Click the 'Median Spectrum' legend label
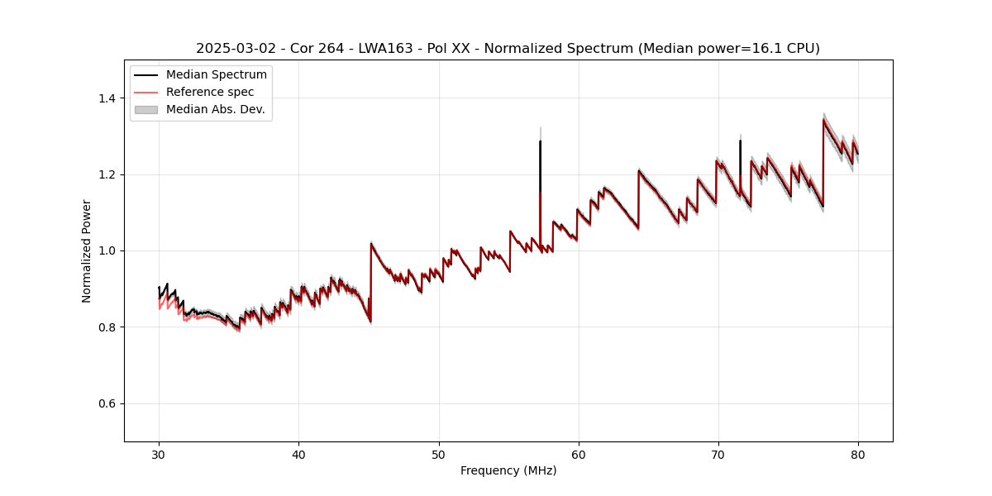[216, 75]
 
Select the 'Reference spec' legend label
[210, 92]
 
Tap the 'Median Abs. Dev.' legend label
[215, 109]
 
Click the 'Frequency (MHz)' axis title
[508, 470]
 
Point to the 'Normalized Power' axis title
[87, 250]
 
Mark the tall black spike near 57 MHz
[540, 165]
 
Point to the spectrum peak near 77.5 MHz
[823, 121]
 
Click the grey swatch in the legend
[145, 109]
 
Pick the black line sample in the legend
[145, 75]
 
